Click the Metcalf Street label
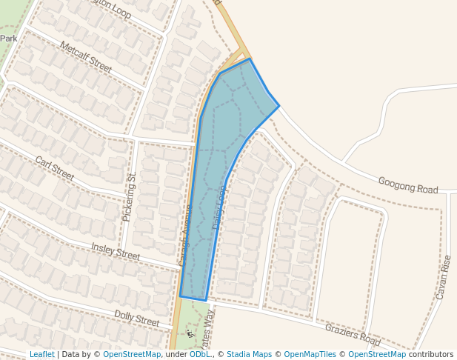click(x=86, y=58)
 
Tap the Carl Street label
click(x=55, y=169)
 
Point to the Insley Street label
click(x=115, y=251)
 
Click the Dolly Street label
click(x=136, y=319)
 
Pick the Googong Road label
click(x=408, y=185)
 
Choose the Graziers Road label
click(x=352, y=334)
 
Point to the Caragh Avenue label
click(x=186, y=235)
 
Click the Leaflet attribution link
click(x=41, y=354)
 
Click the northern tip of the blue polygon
click(x=250, y=59)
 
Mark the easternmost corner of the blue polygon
click(x=279, y=105)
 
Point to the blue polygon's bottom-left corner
click(x=180, y=296)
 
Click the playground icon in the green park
click(x=190, y=334)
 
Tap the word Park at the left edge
click(x=8, y=39)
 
